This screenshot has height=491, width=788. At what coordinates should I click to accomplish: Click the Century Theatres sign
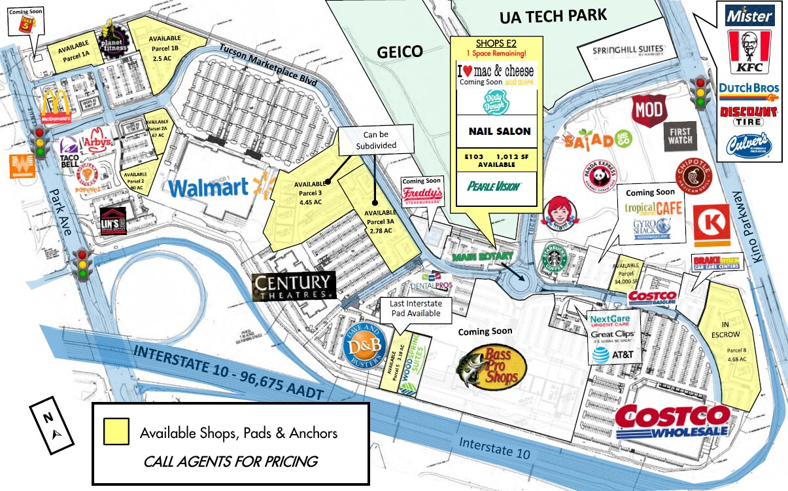(294, 286)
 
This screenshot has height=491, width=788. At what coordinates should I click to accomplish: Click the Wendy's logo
(559, 213)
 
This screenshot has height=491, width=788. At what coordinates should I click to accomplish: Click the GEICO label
(401, 51)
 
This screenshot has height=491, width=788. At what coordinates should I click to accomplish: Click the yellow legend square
(116, 432)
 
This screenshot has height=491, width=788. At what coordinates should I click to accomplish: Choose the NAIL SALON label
(500, 132)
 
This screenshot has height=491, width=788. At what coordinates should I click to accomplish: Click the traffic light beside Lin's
(83, 265)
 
